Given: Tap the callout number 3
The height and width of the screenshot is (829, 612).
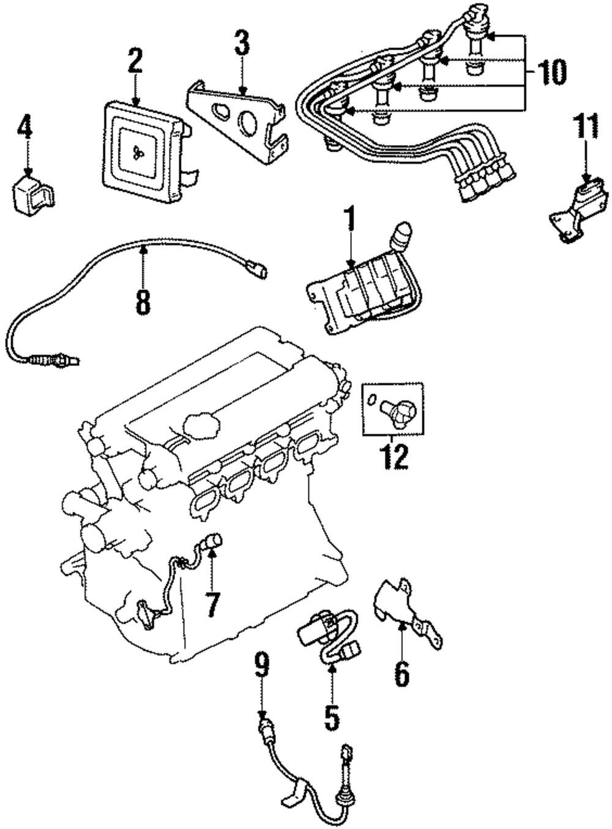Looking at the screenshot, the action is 242,43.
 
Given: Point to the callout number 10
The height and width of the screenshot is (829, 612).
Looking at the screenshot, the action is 552,71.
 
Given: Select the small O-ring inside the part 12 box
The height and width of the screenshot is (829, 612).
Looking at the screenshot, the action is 371,400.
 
